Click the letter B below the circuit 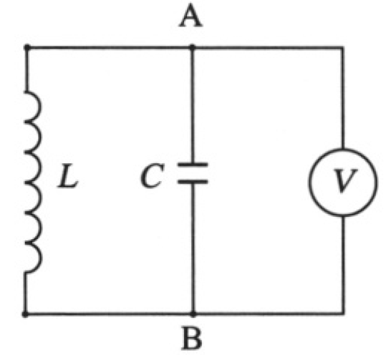click(192, 338)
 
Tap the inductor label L click(68, 176)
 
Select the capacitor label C click(152, 176)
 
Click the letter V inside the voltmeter click(344, 180)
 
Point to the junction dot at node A click(192, 47)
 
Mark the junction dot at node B click(193, 314)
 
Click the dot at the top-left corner click(26, 47)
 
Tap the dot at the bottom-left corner click(25, 314)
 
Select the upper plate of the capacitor click(193, 165)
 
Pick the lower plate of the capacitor click(193, 182)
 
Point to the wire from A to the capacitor click(193, 104)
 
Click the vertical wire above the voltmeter click(342, 97)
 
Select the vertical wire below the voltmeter click(343, 265)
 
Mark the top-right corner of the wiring click(342, 47)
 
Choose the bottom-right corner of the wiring click(343, 313)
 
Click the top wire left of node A click(110, 47)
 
